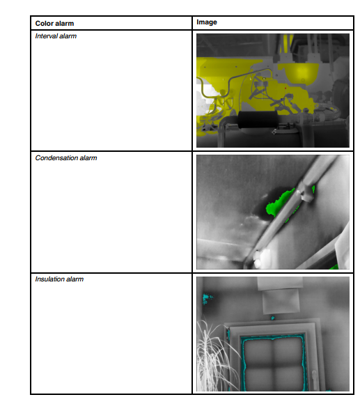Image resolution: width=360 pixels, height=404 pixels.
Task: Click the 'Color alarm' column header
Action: click(x=54, y=23)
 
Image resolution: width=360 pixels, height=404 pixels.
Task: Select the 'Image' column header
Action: click(x=207, y=22)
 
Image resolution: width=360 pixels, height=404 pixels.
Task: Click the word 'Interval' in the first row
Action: click(x=46, y=36)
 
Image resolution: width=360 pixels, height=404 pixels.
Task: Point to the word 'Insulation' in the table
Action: click(x=49, y=279)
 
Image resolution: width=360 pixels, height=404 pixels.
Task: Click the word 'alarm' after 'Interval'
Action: click(x=68, y=36)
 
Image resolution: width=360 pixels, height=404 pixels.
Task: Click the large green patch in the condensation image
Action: click(x=281, y=204)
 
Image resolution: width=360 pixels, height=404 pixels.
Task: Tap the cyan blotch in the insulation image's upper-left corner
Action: click(x=206, y=298)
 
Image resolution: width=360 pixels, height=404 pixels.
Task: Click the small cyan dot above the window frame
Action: click(x=273, y=318)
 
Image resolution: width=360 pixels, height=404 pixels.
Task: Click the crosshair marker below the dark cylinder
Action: click(x=274, y=131)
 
